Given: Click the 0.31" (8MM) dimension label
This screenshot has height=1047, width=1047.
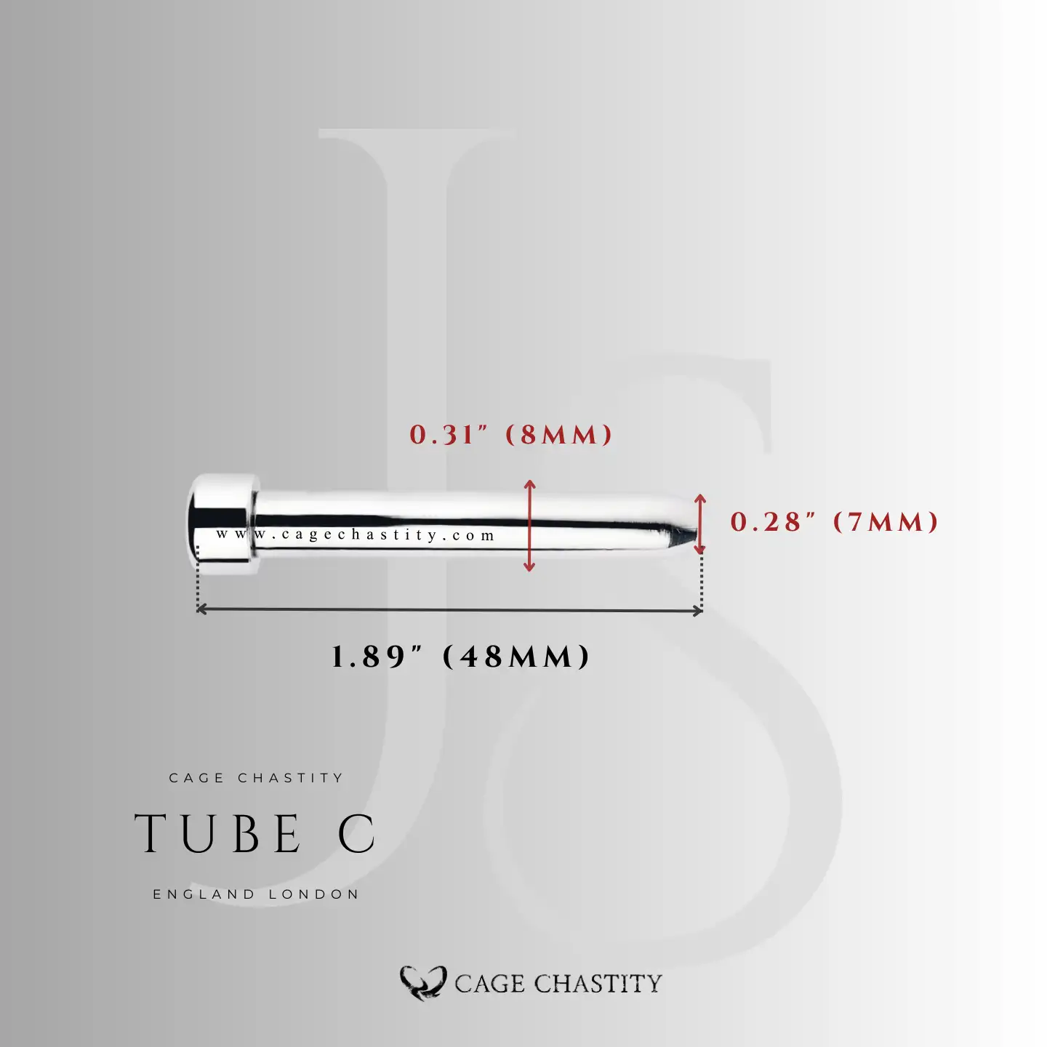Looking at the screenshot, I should (511, 435).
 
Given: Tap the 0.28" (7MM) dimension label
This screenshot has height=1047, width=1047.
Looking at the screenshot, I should (834, 522).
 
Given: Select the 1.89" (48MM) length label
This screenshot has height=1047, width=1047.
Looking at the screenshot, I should (460, 657).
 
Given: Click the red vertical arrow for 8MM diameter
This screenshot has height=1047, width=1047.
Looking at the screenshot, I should (529, 525).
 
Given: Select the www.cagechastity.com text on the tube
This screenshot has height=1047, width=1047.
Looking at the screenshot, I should (356, 535).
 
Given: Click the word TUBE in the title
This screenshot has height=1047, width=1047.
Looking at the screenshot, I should (218, 833).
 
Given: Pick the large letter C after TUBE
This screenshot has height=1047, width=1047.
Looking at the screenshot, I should (357, 833).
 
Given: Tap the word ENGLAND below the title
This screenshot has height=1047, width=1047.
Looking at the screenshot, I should (204, 894).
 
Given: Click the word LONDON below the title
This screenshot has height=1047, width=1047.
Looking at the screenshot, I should (314, 894).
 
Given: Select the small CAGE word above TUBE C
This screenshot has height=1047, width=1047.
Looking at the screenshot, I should (196, 778).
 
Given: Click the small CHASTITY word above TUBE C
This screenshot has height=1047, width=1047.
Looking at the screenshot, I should (290, 778).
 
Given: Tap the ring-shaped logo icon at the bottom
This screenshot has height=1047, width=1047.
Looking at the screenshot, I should (422, 983).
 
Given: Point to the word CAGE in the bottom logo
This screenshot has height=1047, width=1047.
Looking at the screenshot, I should (489, 984).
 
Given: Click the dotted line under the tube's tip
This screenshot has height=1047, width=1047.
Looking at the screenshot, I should (702, 582).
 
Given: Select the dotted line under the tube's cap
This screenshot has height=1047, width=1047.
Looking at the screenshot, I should (198, 582).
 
